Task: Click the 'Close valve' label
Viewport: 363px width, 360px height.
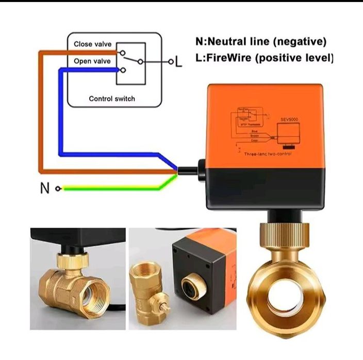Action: pos(92,44)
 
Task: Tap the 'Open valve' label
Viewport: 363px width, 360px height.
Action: pos(92,61)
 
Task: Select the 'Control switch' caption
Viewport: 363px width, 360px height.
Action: pos(111,98)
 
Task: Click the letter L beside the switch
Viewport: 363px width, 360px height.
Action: pos(178,63)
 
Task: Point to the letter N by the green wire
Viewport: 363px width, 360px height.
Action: pos(45,188)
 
